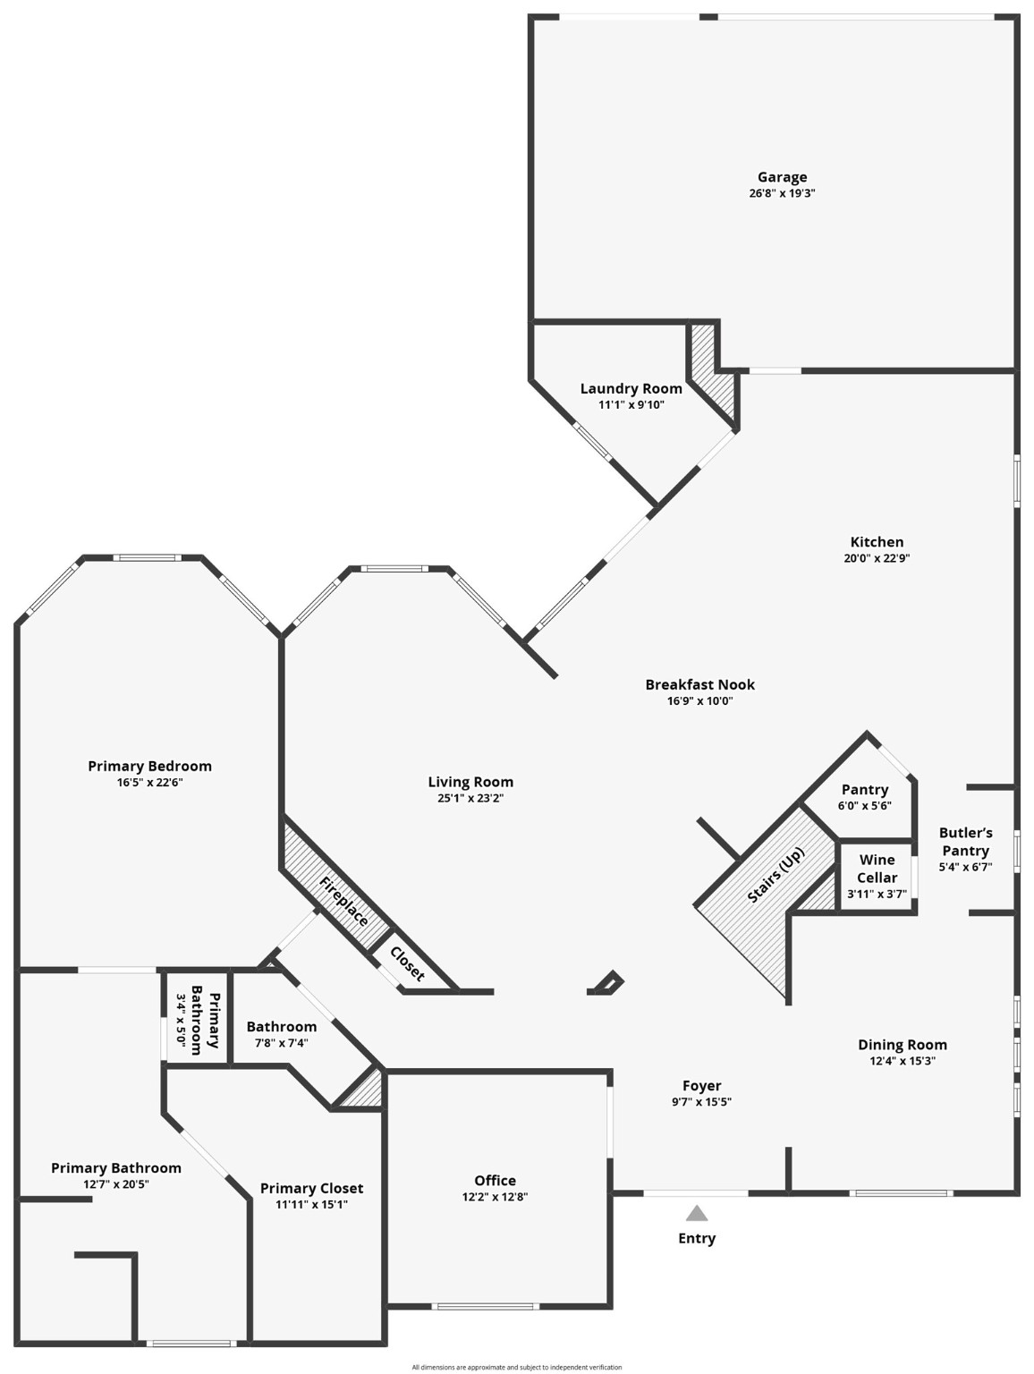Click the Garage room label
pyautogui.click(x=782, y=177)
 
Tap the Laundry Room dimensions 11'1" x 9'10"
pyautogui.click(x=631, y=404)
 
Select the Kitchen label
pyautogui.click(x=877, y=541)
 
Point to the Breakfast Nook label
pyautogui.click(x=699, y=684)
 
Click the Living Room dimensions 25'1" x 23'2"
pyautogui.click(x=470, y=798)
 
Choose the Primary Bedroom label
pyautogui.click(x=149, y=766)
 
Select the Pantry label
pyautogui.click(x=864, y=789)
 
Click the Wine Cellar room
pyautogui.click(x=877, y=876)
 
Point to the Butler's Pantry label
pyautogui.click(x=965, y=842)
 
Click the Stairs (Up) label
pyautogui.click(x=775, y=874)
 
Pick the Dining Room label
pyautogui.click(x=902, y=1044)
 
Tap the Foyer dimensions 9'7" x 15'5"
pyautogui.click(x=701, y=1102)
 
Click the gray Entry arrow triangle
pyautogui.click(x=697, y=1214)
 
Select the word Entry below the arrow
pyautogui.click(x=697, y=1238)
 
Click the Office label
pyautogui.click(x=495, y=1180)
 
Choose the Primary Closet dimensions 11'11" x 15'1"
pyautogui.click(x=311, y=1204)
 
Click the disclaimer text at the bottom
pyautogui.click(x=516, y=1367)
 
